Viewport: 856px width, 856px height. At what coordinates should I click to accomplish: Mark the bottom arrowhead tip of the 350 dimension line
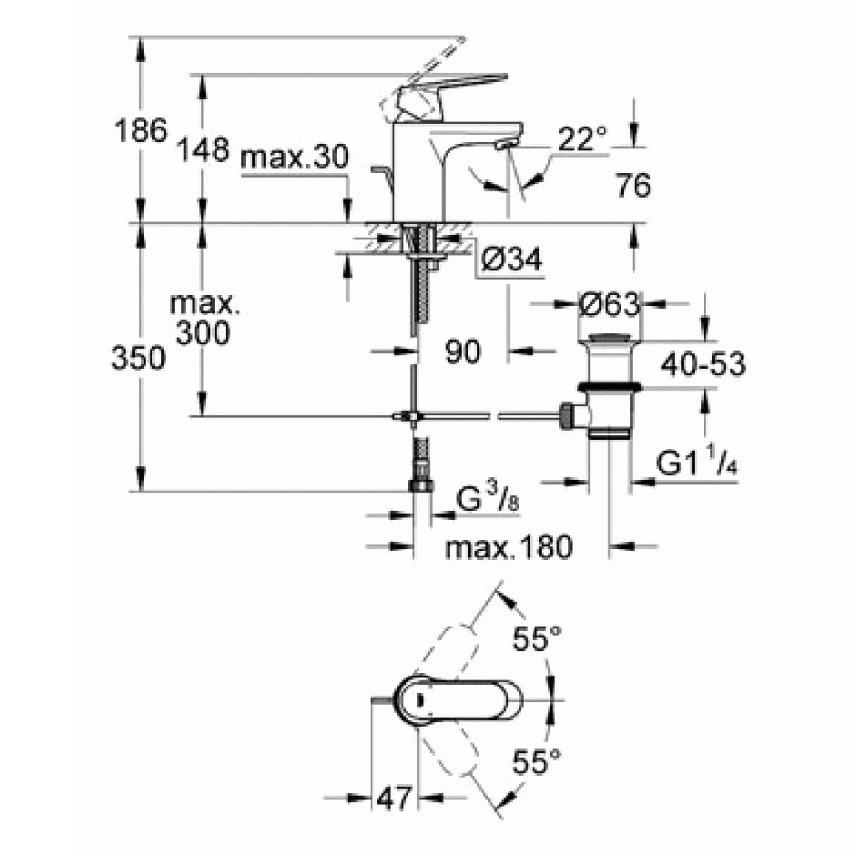[x=141, y=491]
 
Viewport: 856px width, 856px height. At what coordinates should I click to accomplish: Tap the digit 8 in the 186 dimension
[x=140, y=131]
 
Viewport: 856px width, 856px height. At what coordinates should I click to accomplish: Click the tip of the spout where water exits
[x=506, y=145]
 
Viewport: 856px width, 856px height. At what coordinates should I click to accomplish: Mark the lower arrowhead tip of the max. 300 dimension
[x=202, y=415]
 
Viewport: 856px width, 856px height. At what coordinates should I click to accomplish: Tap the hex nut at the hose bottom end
[x=421, y=485]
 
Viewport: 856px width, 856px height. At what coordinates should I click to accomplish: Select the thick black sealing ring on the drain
[x=610, y=388]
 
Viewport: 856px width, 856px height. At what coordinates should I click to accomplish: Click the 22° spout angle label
[x=583, y=138]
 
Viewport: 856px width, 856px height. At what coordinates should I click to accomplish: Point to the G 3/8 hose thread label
[x=487, y=499]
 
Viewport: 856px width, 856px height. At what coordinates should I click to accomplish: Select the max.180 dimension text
[x=509, y=547]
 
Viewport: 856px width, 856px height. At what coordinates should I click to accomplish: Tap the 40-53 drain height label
[x=703, y=363]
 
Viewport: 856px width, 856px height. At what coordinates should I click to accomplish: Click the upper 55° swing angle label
[x=536, y=638]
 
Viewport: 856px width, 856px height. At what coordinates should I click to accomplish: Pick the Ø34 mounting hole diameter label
[x=512, y=259]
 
